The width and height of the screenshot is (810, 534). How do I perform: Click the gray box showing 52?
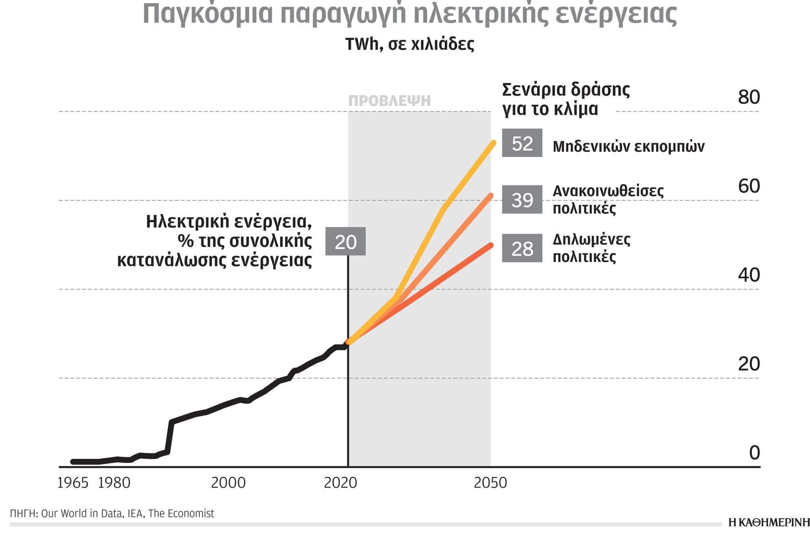point(522,143)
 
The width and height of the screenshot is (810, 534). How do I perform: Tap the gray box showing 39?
point(522,200)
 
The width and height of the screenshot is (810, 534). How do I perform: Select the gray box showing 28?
point(522,248)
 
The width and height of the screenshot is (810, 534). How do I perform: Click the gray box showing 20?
point(345,242)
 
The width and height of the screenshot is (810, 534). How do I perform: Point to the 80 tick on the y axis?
point(749,97)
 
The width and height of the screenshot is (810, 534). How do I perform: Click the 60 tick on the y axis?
point(749,186)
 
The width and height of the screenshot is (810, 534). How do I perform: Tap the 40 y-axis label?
point(749,275)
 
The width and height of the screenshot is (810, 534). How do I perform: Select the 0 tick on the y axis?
point(754,453)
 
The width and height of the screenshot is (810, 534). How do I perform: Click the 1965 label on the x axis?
point(73,483)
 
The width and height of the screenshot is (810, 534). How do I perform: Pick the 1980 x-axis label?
point(114,483)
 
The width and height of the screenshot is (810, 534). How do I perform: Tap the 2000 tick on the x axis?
point(228,483)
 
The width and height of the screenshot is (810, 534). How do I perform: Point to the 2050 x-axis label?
point(490,483)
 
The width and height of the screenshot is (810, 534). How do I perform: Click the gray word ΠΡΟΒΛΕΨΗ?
point(389,101)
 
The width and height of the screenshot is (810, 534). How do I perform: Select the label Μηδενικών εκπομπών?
point(628,147)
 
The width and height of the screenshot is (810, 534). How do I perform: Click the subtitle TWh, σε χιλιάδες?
point(410,44)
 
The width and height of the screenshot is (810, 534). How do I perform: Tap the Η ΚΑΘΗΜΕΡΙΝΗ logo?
point(768,523)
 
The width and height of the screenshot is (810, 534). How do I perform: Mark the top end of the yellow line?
point(493,143)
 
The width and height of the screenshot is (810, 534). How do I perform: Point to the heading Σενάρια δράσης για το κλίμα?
point(566,99)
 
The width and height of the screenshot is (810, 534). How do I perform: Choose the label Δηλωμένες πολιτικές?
point(591,248)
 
